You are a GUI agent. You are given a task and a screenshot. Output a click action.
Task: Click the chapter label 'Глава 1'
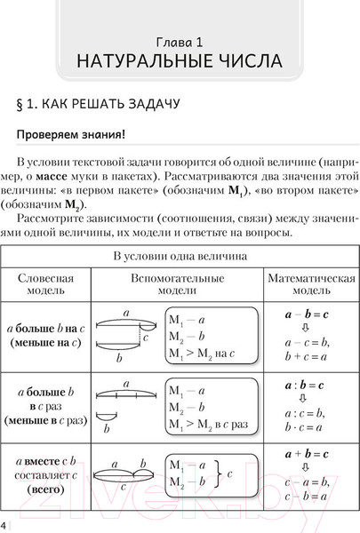[x=180, y=41]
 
